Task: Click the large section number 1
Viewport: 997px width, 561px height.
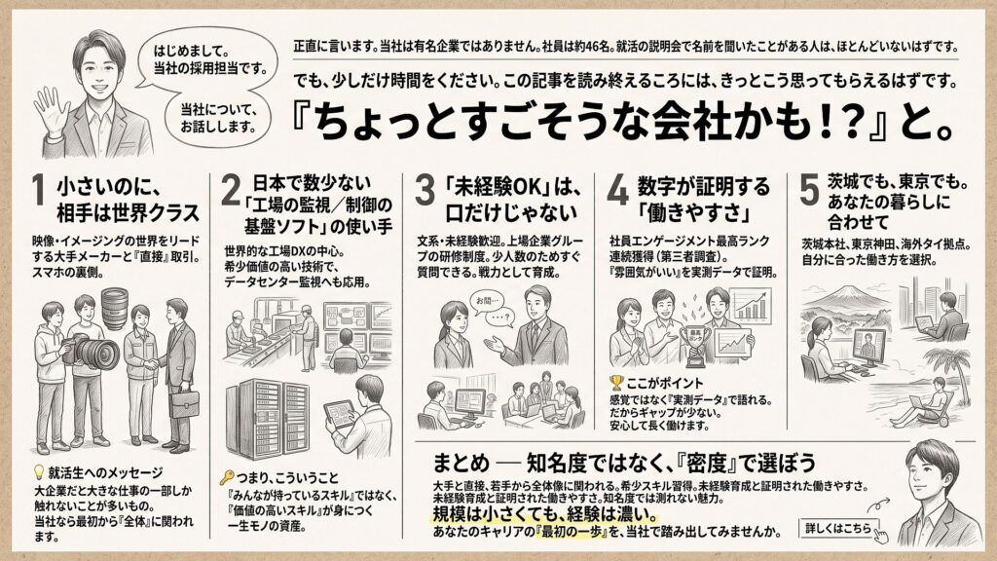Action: coord(39,191)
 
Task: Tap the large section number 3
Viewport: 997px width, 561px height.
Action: coord(425,191)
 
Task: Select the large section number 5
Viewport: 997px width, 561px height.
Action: coord(809,191)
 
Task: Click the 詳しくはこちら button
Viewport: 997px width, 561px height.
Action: coord(838,528)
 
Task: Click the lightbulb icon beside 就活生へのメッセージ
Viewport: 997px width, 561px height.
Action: coord(39,472)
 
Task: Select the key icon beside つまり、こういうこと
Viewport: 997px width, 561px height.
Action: coord(226,477)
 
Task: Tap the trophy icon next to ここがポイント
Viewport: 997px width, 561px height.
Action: coord(616,382)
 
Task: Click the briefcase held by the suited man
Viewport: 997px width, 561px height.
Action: coord(184,403)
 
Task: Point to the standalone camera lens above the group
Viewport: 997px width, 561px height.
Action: coord(115,309)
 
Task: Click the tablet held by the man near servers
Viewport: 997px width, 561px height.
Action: coord(339,414)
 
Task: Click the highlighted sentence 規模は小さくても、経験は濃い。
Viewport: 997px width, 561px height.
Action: coord(544,514)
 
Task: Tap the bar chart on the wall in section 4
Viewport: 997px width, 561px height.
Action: coord(750,307)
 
